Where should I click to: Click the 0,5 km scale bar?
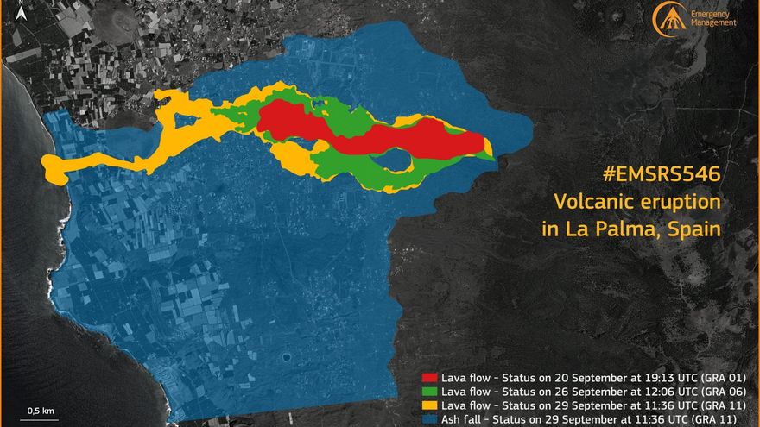point(41,418)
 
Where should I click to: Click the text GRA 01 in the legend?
point(725,378)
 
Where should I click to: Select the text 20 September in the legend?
point(570,378)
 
